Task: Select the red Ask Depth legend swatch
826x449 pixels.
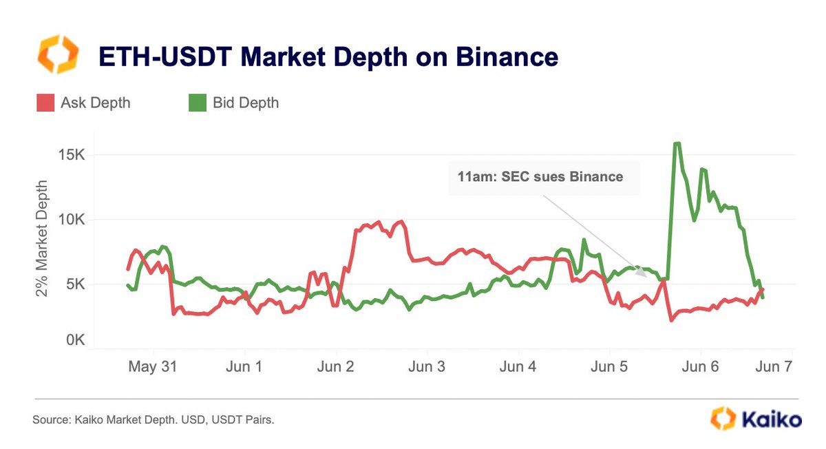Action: (x=44, y=103)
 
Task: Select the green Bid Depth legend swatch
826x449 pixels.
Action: (x=198, y=103)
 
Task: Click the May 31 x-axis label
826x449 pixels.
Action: (x=152, y=367)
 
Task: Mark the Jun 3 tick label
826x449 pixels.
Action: (x=427, y=367)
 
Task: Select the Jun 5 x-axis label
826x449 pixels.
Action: (x=610, y=367)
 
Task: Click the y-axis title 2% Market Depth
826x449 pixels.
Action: (x=43, y=239)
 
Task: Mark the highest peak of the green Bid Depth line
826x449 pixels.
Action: (x=677, y=143)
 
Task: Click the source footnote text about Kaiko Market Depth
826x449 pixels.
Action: (x=153, y=419)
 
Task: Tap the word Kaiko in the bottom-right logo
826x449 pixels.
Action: (x=772, y=419)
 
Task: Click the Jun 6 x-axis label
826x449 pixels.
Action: (x=701, y=367)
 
